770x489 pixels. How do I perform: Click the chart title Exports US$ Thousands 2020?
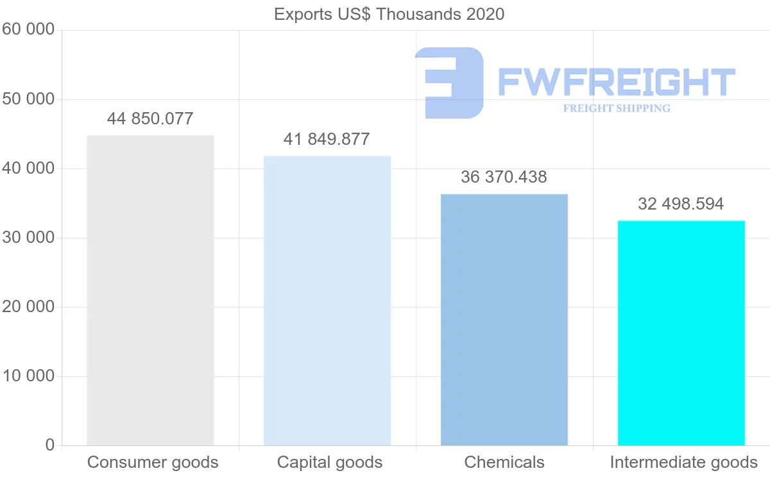tap(389, 14)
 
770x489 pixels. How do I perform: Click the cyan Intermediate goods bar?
tap(681, 333)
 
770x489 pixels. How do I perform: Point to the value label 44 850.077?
tap(150, 119)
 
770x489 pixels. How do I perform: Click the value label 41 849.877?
tap(327, 139)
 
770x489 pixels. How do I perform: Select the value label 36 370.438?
tap(504, 177)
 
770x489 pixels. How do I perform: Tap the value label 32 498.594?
tap(681, 204)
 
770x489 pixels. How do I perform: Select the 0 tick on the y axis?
tap(50, 445)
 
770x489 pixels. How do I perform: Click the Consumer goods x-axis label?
tap(153, 462)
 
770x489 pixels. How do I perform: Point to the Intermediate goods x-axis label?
tap(683, 462)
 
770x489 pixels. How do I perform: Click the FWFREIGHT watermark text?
tap(616, 82)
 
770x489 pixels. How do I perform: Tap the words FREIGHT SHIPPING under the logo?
tap(617, 108)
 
